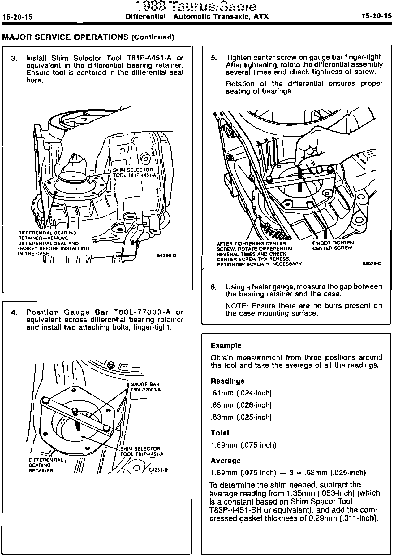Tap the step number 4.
[x=14, y=312]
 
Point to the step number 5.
[x=214, y=58]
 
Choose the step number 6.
[x=214, y=287]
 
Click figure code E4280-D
[x=166, y=256]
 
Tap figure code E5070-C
[x=372, y=264]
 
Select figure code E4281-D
[x=158, y=470]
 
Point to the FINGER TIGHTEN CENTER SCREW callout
[x=333, y=245]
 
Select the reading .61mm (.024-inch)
[x=241, y=393]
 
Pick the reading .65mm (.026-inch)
[x=241, y=405]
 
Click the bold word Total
[x=220, y=433]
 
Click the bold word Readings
[x=227, y=381]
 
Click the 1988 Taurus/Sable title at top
[x=196, y=6]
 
